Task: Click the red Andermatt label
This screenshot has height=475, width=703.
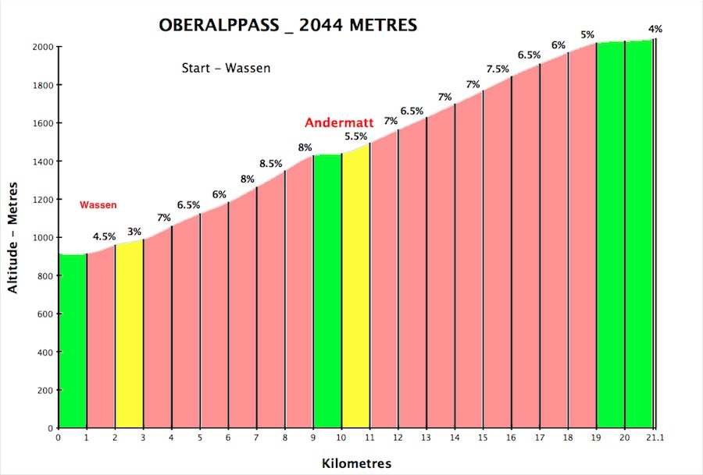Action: pos(339,122)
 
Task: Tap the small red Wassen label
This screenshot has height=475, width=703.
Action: pos(98,204)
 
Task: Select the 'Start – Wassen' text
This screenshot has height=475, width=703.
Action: pos(226,68)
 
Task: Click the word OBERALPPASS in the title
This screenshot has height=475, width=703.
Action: pos(219,25)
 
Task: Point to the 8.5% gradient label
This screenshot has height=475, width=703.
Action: pos(271,164)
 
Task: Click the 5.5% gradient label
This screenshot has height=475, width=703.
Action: pos(356,136)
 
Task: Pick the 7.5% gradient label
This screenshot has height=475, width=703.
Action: pos(498,69)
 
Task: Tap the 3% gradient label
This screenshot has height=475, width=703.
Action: pos(134,232)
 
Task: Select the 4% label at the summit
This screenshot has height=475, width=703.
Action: pos(655,29)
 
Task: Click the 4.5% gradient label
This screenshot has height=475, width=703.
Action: pos(105,236)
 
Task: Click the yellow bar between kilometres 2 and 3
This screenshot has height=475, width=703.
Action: pos(130,335)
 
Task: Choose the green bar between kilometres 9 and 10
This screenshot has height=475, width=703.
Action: pos(327,291)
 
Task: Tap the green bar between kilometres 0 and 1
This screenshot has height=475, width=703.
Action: pos(73,341)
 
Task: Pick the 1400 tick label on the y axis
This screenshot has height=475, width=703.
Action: pos(43,161)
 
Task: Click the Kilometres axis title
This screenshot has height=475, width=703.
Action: pos(356,463)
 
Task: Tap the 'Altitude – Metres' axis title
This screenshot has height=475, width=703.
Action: pos(12,238)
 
